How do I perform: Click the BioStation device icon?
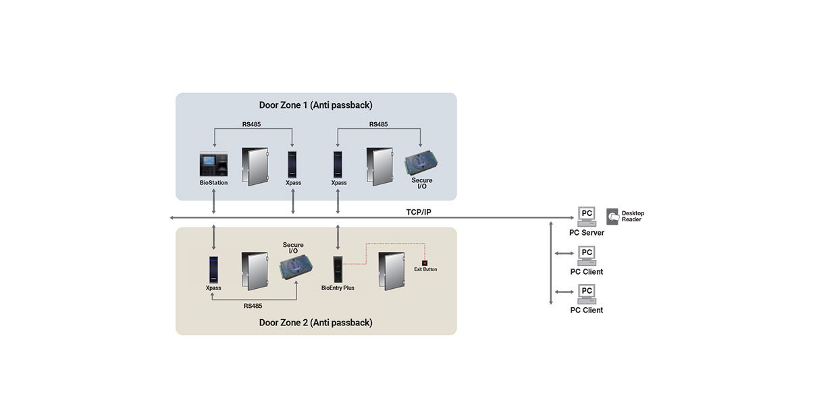pyautogui.click(x=213, y=165)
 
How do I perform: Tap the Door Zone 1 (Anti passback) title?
pyautogui.click(x=315, y=105)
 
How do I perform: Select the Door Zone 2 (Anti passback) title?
pyautogui.click(x=315, y=323)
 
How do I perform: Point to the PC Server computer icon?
pyautogui.click(x=586, y=217)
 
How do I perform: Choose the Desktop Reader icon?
pyautogui.click(x=612, y=216)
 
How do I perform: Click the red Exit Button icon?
pyautogui.click(x=425, y=263)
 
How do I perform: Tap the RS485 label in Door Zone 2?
pyautogui.click(x=253, y=306)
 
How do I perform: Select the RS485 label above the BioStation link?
pyautogui.click(x=253, y=124)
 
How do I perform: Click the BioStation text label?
pyautogui.click(x=213, y=183)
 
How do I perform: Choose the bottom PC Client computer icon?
pyautogui.click(x=586, y=294)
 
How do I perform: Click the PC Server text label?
pyautogui.click(x=586, y=233)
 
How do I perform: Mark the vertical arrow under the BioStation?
pyautogui.click(x=213, y=202)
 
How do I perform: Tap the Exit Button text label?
pyautogui.click(x=425, y=269)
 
